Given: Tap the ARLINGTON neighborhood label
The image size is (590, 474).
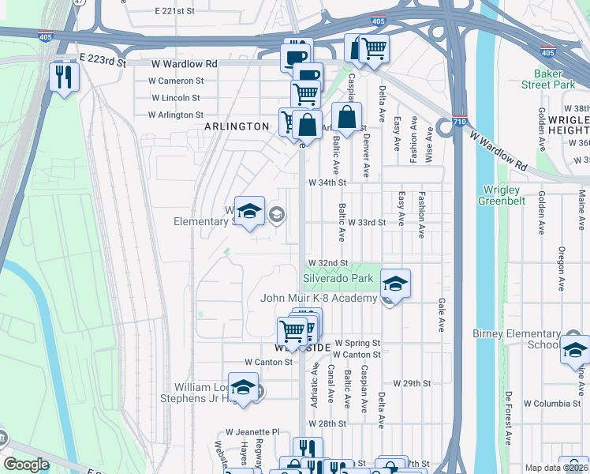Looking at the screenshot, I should click(237, 126).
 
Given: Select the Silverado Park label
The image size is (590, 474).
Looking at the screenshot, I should click(338, 279).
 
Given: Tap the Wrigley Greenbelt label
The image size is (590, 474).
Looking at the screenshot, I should click(499, 195).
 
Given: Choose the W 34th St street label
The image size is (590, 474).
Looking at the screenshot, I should click(327, 182).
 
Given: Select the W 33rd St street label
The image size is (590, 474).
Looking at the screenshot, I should click(366, 223).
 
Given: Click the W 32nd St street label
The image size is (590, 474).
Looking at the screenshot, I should click(328, 262).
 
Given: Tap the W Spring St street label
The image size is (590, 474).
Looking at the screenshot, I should click(357, 344).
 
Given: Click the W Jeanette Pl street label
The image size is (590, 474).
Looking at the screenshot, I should click(252, 432).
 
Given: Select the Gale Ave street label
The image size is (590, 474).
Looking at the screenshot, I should click(440, 314).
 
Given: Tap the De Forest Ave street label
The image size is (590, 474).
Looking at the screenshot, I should click(509, 416).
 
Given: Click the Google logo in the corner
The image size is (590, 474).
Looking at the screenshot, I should click(26, 465).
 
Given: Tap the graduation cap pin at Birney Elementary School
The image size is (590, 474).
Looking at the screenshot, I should click(575, 350).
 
